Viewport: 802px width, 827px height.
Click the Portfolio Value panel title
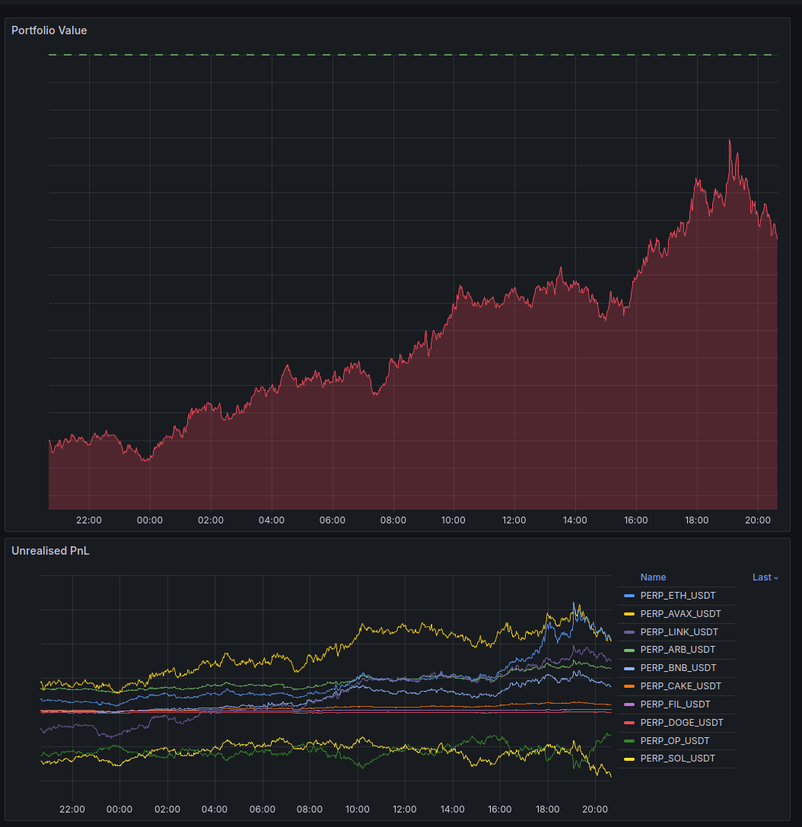(x=49, y=30)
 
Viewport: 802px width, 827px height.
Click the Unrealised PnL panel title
(x=50, y=551)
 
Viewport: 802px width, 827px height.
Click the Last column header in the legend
(x=765, y=577)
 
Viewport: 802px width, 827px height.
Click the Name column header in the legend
(x=653, y=577)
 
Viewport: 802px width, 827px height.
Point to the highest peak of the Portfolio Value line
(x=730, y=140)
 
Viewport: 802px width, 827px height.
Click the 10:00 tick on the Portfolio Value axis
(x=454, y=520)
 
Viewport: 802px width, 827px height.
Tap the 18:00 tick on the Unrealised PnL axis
(x=548, y=809)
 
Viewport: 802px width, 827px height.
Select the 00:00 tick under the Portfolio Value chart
(x=150, y=520)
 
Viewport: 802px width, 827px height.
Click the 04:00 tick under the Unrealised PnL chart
(x=215, y=809)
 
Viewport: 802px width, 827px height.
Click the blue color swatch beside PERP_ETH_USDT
(x=629, y=596)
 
